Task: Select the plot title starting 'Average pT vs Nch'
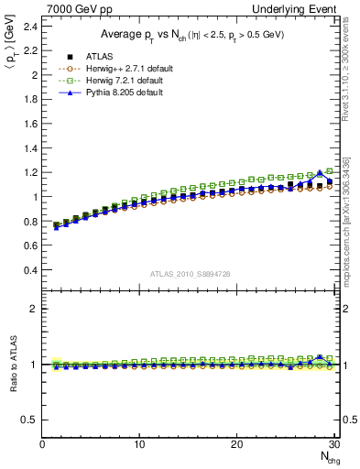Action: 190,34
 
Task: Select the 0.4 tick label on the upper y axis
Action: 30,270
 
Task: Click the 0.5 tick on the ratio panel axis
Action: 30,420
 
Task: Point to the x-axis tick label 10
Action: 139,444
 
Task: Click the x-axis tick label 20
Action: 237,444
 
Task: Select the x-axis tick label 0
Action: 42,444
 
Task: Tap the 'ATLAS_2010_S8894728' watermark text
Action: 190,273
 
